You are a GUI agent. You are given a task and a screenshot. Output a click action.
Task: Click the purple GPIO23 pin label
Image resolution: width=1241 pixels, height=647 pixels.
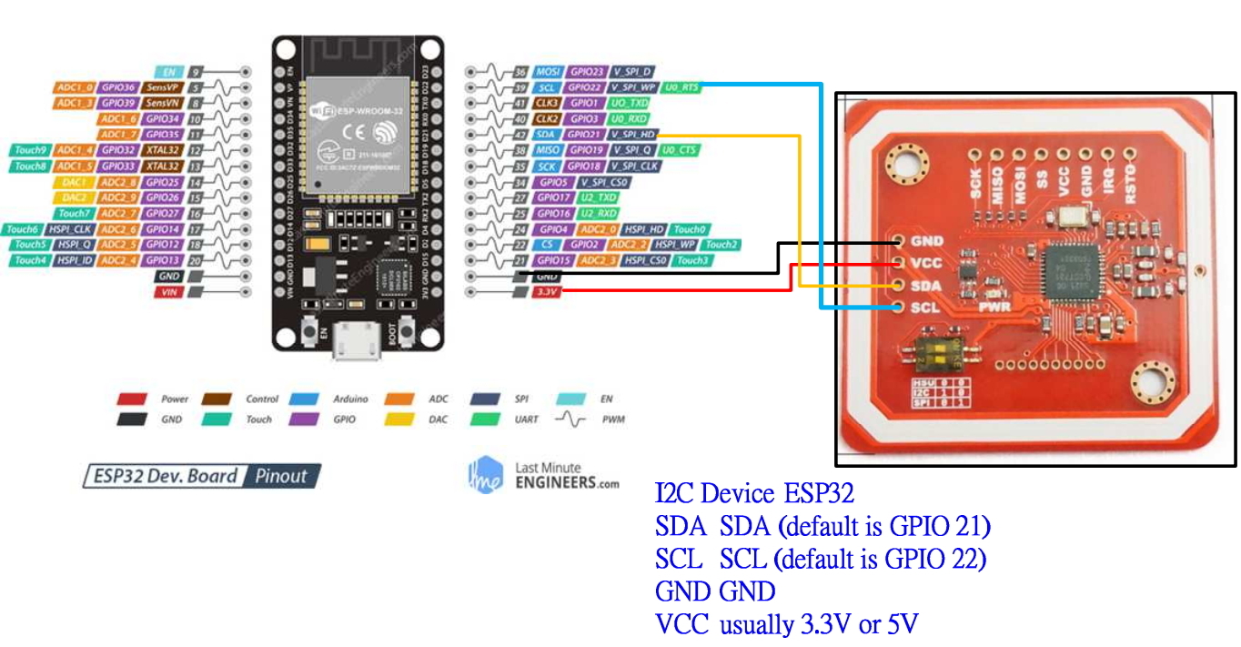tap(586, 71)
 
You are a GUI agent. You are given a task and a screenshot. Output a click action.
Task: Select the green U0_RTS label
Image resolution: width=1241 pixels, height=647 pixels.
tap(681, 87)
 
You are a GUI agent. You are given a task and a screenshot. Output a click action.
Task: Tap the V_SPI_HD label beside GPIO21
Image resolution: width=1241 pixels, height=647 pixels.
tap(632, 135)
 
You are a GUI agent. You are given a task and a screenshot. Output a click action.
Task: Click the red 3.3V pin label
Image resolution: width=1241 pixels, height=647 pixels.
tap(546, 291)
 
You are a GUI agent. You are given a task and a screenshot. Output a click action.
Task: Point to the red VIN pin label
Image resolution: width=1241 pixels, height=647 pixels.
tap(168, 291)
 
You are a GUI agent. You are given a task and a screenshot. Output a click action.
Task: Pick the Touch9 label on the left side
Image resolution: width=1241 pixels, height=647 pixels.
tap(30, 150)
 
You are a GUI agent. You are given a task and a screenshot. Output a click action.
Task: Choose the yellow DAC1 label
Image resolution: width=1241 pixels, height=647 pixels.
tap(75, 182)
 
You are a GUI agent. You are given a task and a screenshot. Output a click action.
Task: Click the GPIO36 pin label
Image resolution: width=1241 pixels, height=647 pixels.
tap(118, 87)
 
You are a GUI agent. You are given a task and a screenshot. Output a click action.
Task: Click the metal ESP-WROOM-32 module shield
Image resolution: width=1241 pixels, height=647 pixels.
tap(356, 136)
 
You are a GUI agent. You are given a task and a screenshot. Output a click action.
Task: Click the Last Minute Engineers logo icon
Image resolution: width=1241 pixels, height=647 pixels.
tap(484, 474)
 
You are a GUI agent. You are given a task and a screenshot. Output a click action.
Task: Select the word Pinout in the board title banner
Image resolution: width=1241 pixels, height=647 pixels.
tap(281, 476)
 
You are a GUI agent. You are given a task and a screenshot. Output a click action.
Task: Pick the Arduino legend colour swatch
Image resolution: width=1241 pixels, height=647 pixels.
tap(303, 399)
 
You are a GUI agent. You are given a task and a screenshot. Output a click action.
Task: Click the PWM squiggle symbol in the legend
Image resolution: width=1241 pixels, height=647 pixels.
tap(573, 420)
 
